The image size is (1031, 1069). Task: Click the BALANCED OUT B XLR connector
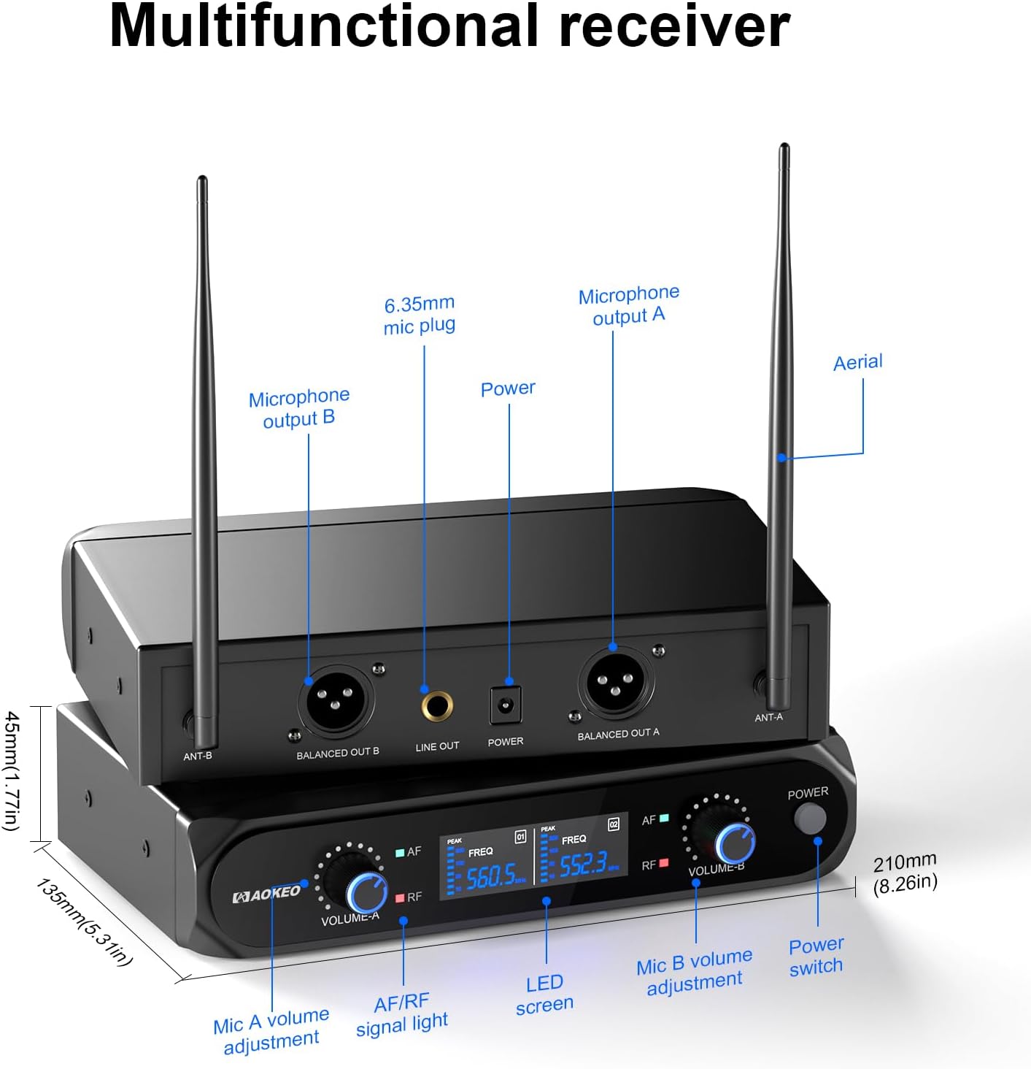tap(336, 702)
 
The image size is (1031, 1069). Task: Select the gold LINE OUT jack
tap(436, 707)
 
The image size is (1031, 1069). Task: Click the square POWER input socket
tap(506, 705)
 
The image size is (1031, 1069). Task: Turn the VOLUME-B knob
tap(733, 843)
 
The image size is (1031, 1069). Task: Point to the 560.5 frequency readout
tap(490, 875)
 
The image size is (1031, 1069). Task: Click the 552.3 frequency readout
tap(583, 865)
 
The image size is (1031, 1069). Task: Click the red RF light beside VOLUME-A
tap(401, 898)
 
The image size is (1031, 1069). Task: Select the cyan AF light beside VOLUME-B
tap(664, 819)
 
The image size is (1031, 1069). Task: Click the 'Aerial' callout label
tap(857, 362)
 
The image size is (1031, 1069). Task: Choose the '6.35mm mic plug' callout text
tap(420, 315)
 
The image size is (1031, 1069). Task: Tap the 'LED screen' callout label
tap(544, 994)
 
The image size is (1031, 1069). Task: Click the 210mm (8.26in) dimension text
tap(905, 873)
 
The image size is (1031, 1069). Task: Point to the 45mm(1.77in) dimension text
tap(12, 770)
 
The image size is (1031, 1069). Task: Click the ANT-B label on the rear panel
tap(197, 756)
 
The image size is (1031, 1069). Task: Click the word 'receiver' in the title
tap(674, 26)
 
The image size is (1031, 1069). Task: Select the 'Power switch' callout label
tap(816, 956)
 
